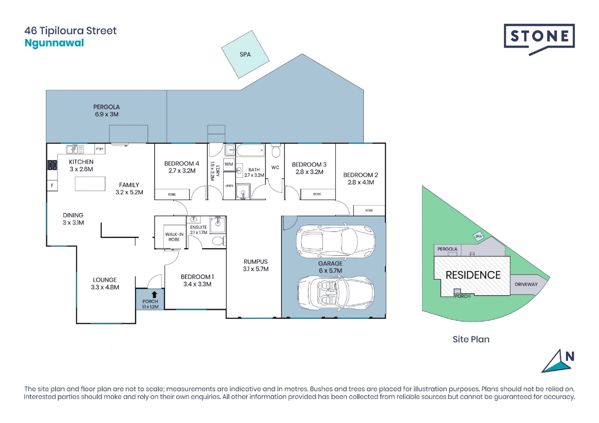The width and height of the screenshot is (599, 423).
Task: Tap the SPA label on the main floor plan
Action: pyautogui.click(x=245, y=55)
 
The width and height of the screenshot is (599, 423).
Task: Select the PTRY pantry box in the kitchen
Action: pyautogui.click(x=100, y=149)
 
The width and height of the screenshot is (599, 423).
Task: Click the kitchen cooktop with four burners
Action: pyautogui.click(x=52, y=165)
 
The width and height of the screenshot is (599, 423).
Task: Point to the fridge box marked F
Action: pyautogui.click(x=52, y=185)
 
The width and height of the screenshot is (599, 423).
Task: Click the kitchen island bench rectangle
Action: pyautogui.click(x=90, y=184)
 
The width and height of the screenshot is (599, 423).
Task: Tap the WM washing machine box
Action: pyautogui.click(x=229, y=164)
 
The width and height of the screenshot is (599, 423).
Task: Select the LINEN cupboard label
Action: pyautogui.click(x=229, y=186)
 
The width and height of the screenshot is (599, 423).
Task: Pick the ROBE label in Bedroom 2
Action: pyautogui.click(x=369, y=210)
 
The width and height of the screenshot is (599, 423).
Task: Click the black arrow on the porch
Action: pyautogui.click(x=154, y=294)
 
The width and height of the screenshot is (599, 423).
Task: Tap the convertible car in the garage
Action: pyautogui.click(x=336, y=293)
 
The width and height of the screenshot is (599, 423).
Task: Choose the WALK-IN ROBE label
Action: pyautogui.click(x=174, y=237)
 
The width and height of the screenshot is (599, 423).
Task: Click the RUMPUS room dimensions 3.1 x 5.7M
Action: pyautogui.click(x=256, y=269)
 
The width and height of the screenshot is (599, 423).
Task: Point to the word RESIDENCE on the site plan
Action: pyautogui.click(x=473, y=275)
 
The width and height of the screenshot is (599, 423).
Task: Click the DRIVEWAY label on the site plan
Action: pyautogui.click(x=526, y=284)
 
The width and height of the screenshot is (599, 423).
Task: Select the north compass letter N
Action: pyautogui.click(x=570, y=356)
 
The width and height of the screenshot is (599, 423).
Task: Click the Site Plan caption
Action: pyautogui.click(x=471, y=339)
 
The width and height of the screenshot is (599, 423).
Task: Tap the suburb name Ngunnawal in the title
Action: pyautogui.click(x=54, y=43)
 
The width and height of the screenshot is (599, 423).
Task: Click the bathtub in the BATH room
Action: pyautogui.click(x=251, y=151)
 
